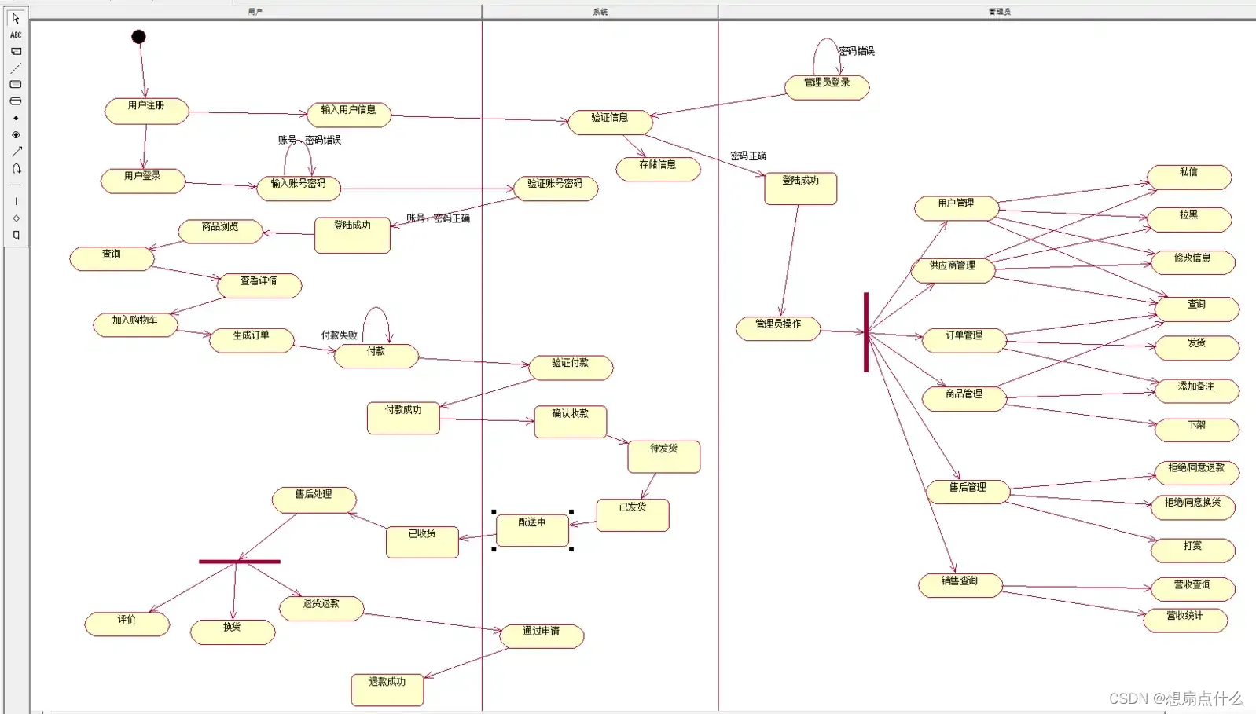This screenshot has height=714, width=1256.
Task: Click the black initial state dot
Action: (138, 37)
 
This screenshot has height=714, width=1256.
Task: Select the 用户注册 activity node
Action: (147, 111)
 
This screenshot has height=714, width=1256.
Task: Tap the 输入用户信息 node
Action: (349, 115)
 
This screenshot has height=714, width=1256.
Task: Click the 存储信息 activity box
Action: (658, 169)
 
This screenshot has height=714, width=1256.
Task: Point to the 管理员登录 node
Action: (827, 87)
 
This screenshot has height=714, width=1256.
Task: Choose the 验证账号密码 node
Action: (556, 188)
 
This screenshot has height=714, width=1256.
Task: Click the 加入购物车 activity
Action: (135, 324)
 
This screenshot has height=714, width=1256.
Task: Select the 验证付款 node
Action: (571, 367)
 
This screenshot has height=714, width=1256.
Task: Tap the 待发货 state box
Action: (663, 456)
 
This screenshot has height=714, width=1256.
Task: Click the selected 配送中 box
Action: (532, 530)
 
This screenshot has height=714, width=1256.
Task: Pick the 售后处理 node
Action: (314, 499)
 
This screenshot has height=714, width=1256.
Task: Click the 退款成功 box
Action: (387, 689)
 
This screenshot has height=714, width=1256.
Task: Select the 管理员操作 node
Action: (778, 328)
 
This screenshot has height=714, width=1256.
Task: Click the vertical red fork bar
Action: (866, 332)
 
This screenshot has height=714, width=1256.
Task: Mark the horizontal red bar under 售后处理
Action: (240, 562)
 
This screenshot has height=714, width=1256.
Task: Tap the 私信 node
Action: (1188, 177)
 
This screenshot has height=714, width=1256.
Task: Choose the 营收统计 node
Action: (1185, 620)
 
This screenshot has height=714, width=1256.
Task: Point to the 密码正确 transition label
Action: (748, 156)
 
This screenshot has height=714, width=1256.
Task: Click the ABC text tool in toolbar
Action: (16, 35)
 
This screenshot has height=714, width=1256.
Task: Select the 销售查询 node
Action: (960, 585)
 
